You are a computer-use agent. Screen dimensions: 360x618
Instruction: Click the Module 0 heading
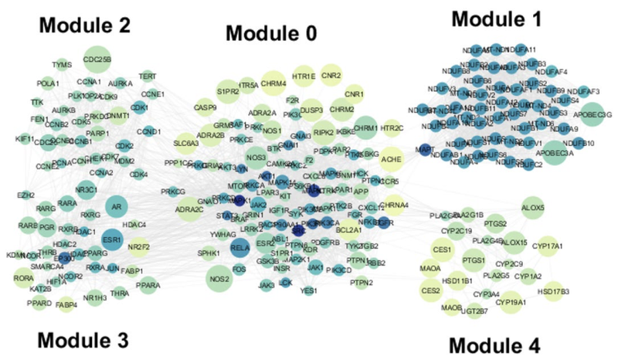(x=270, y=33)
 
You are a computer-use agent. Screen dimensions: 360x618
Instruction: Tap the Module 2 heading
(x=85, y=25)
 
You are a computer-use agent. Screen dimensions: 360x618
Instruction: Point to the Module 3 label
(x=83, y=340)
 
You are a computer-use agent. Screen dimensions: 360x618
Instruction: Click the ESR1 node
(x=111, y=239)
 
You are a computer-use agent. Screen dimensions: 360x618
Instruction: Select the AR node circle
(x=117, y=207)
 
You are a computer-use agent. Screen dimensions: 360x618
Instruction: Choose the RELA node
(x=240, y=249)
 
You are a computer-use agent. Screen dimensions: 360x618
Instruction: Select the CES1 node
(x=443, y=250)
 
